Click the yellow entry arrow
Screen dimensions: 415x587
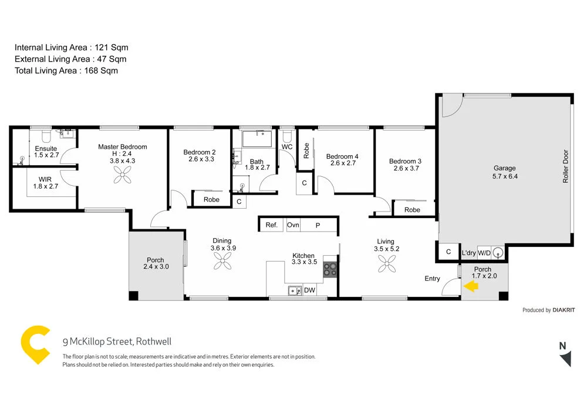471,286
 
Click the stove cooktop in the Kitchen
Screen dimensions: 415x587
330,269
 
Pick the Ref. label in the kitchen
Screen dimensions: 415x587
271,225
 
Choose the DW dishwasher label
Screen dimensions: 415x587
309,290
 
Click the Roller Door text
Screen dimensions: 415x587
566,168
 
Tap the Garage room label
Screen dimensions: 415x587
504,168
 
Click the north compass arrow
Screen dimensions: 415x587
565,358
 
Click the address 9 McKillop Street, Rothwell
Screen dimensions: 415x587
117,342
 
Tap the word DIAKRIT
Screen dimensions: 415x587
564,310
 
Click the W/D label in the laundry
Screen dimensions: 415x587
484,253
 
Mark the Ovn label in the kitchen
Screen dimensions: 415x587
293,225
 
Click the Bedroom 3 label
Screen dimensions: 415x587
405,161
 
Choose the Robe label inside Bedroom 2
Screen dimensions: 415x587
211,200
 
